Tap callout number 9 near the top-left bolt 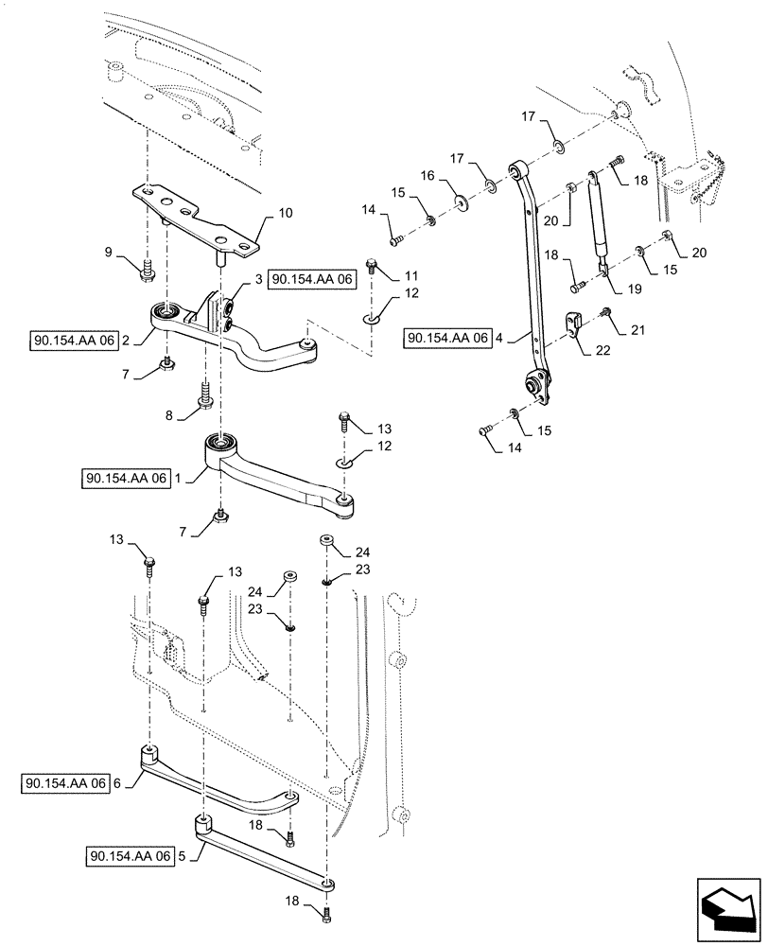108,252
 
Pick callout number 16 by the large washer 427,177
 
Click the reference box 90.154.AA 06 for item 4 448,337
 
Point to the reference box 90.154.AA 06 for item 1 127,479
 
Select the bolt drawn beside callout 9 148,270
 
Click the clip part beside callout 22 574,324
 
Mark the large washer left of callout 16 462,201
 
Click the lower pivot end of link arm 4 534,384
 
